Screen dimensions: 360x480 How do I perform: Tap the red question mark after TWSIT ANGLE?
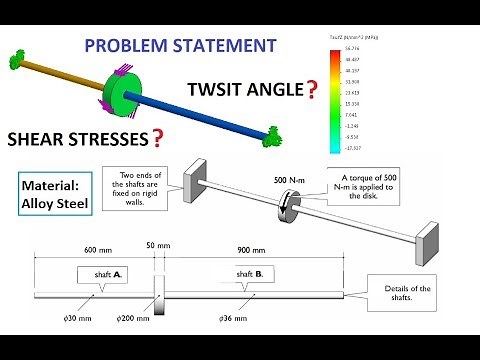point(313,90)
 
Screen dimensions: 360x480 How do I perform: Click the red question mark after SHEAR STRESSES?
point(156,137)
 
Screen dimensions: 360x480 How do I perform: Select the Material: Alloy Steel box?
point(52,194)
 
